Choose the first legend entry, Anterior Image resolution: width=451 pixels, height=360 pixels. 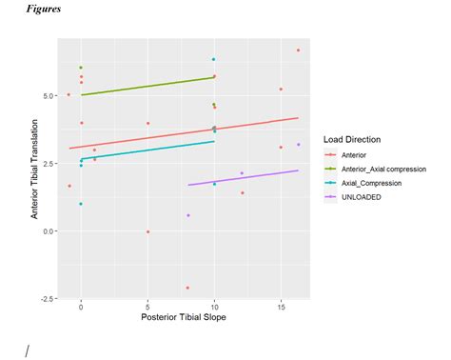[355, 154]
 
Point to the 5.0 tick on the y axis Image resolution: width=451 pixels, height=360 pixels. [49, 95]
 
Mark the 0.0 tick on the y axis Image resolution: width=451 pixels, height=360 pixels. [49, 230]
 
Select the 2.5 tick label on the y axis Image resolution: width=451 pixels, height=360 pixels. [49, 163]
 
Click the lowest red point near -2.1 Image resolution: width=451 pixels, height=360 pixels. [187, 288]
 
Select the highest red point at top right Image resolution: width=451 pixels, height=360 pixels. [298, 50]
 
